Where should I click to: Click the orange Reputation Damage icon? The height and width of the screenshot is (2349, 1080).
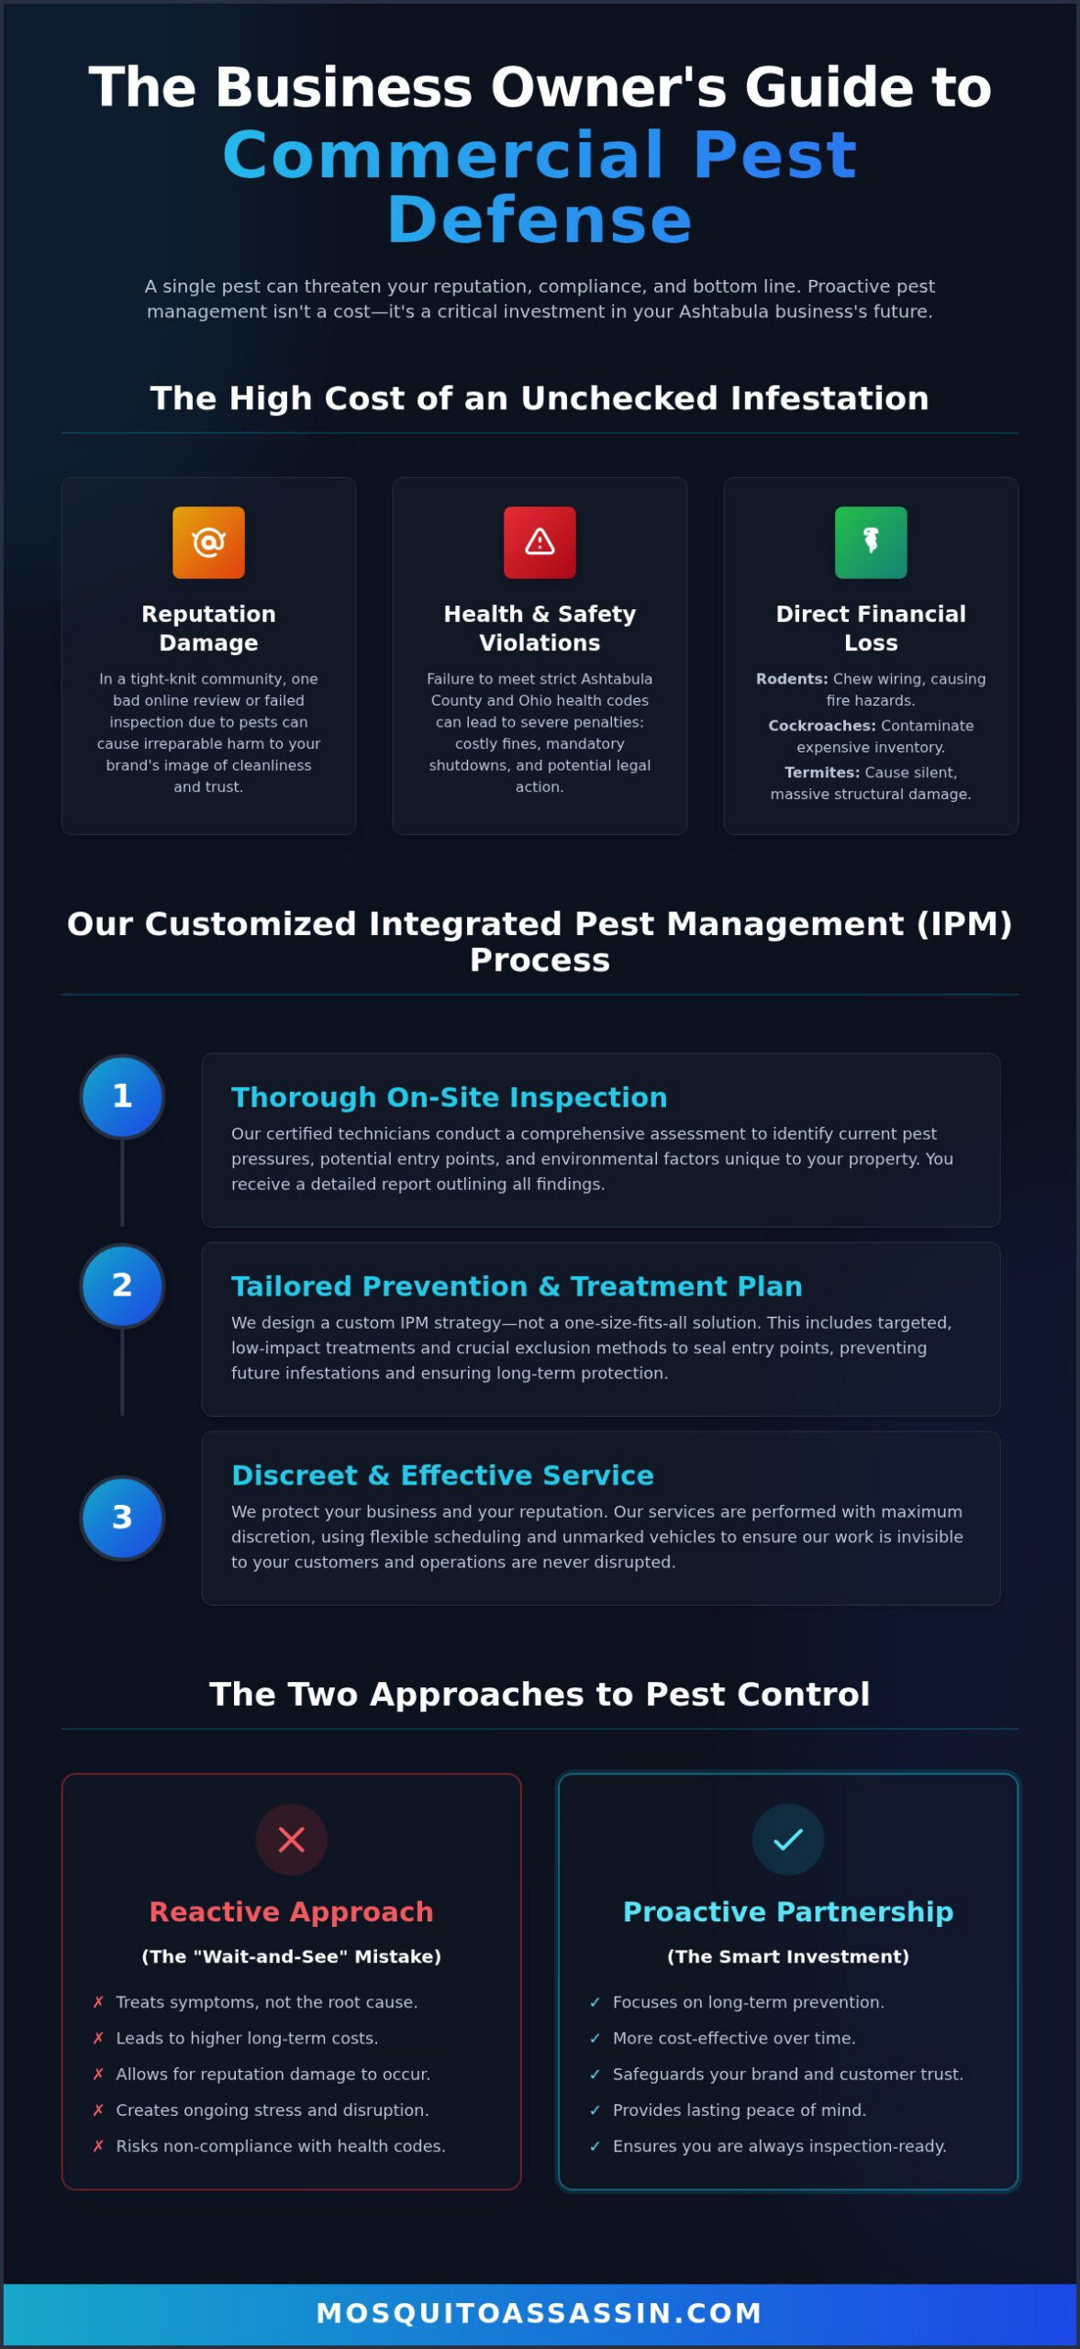pyautogui.click(x=208, y=542)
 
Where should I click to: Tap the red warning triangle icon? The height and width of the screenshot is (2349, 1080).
pyautogui.click(x=540, y=542)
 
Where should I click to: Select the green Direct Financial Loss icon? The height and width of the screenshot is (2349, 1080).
pyautogui.click(x=871, y=542)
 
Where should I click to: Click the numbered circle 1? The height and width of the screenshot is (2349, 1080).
pyautogui.click(x=122, y=1097)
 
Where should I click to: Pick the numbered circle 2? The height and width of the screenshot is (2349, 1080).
pyautogui.click(x=122, y=1286)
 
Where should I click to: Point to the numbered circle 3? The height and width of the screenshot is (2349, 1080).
pyautogui.click(x=122, y=1518)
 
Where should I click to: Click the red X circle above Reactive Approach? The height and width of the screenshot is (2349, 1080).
pyautogui.click(x=291, y=1840)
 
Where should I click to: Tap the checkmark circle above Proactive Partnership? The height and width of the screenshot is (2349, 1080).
pyautogui.click(x=788, y=1840)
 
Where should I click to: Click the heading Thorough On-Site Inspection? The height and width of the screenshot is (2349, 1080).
pyautogui.click(x=450, y=1097)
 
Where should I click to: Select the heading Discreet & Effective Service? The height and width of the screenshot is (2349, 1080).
pyautogui.click(x=443, y=1475)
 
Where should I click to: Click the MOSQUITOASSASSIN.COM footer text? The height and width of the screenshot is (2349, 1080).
pyautogui.click(x=540, y=2313)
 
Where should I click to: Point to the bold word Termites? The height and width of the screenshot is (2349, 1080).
pyautogui.click(x=822, y=773)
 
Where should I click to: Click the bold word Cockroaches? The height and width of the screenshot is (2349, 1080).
pyautogui.click(x=822, y=726)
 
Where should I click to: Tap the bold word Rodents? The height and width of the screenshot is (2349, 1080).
pyautogui.click(x=792, y=679)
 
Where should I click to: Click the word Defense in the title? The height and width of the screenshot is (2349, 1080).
pyautogui.click(x=540, y=220)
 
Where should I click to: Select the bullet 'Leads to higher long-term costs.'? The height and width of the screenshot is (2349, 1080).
pyautogui.click(x=247, y=2038)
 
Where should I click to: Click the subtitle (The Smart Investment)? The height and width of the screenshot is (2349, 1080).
pyautogui.click(x=788, y=1956)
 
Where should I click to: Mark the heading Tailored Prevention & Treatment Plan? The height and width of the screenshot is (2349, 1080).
pyautogui.click(x=517, y=1286)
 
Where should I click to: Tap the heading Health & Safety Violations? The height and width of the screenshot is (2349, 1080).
pyautogui.click(x=540, y=629)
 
